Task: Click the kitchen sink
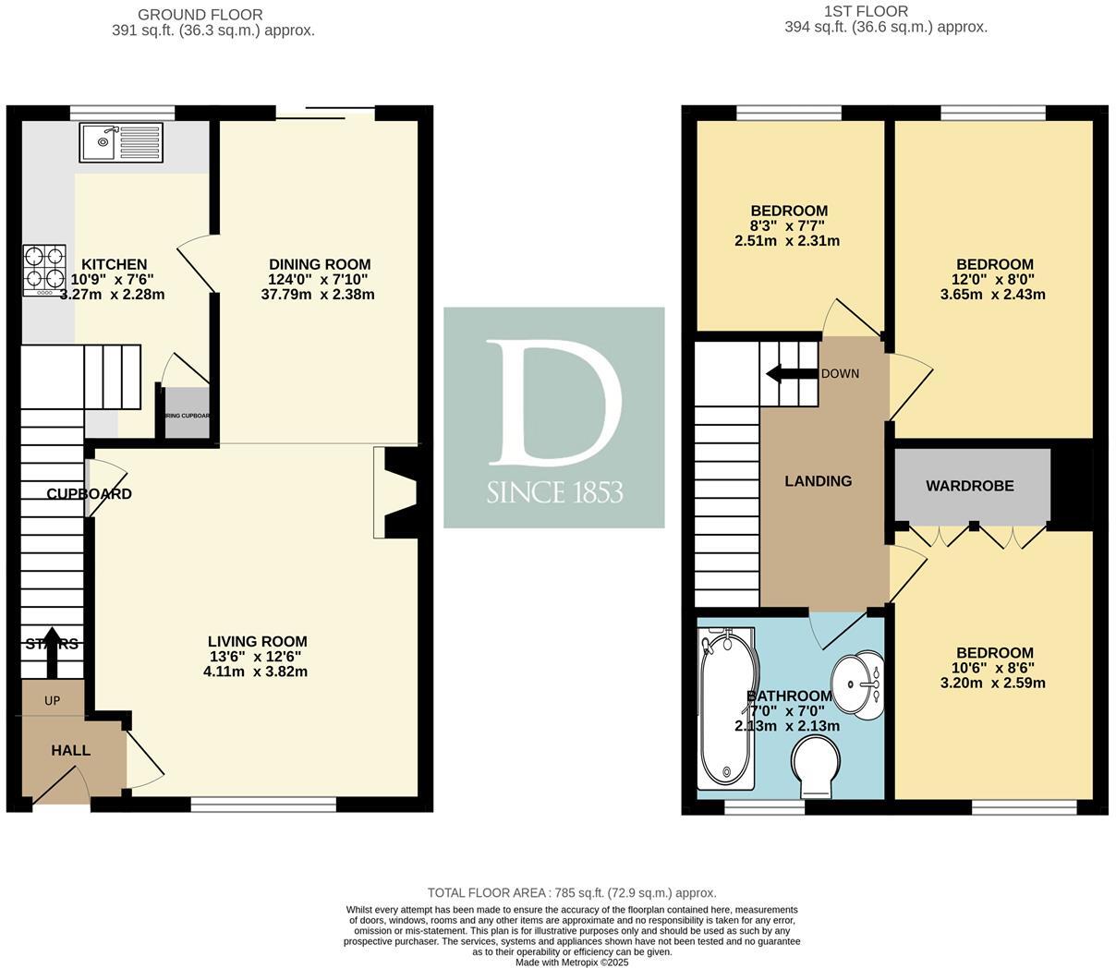(x=121, y=142)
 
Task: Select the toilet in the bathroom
(x=814, y=769)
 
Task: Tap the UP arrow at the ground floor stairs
(x=52, y=659)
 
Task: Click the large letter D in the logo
(x=552, y=403)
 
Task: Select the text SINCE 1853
(x=554, y=492)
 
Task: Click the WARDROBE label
(x=970, y=486)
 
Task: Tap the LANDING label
(x=818, y=481)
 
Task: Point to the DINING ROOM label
(x=320, y=265)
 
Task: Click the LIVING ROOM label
(x=257, y=642)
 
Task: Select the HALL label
(x=70, y=750)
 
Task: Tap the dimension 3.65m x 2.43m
(x=994, y=295)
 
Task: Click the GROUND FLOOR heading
(x=200, y=15)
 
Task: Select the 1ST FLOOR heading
(x=866, y=12)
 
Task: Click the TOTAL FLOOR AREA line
(x=572, y=893)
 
